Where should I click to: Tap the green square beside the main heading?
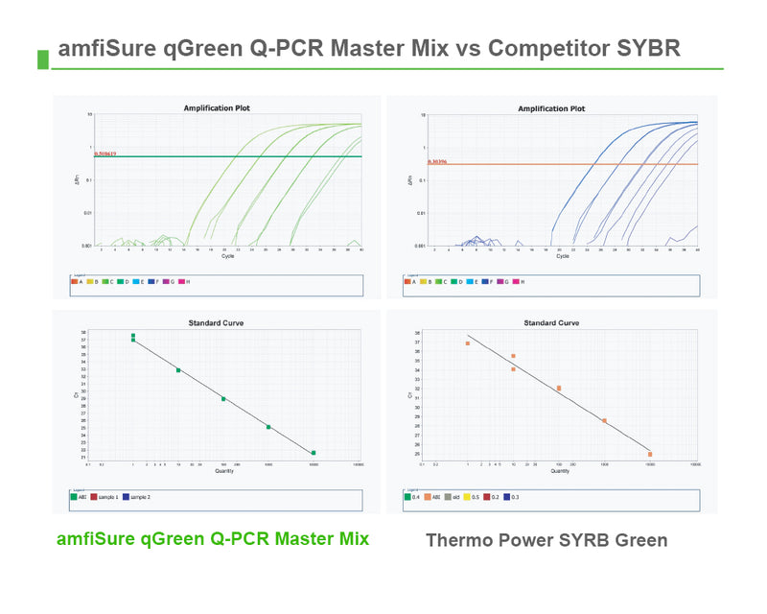click(42, 59)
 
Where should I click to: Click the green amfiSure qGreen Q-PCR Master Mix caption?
click(213, 538)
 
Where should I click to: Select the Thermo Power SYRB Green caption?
click(546, 540)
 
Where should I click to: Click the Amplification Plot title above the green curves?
click(223, 108)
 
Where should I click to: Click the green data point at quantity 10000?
click(314, 452)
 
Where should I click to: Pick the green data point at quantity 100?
click(223, 398)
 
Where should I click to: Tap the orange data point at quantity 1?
click(468, 342)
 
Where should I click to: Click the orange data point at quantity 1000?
click(604, 420)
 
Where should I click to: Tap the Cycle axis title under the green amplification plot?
click(226, 256)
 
